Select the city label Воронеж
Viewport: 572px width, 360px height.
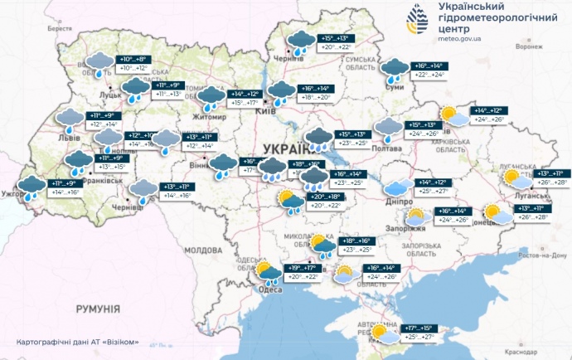click(529, 46)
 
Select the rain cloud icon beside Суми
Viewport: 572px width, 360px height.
click(395, 71)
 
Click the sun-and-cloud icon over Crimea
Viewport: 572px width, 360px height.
click(384, 333)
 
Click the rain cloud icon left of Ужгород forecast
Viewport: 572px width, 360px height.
click(31, 188)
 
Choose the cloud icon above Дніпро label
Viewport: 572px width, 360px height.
click(397, 188)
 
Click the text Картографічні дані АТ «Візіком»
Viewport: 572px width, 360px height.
click(77, 342)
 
